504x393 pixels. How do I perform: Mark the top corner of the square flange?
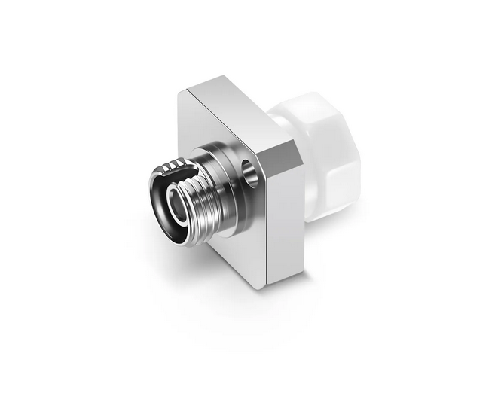click(x=188, y=88)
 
